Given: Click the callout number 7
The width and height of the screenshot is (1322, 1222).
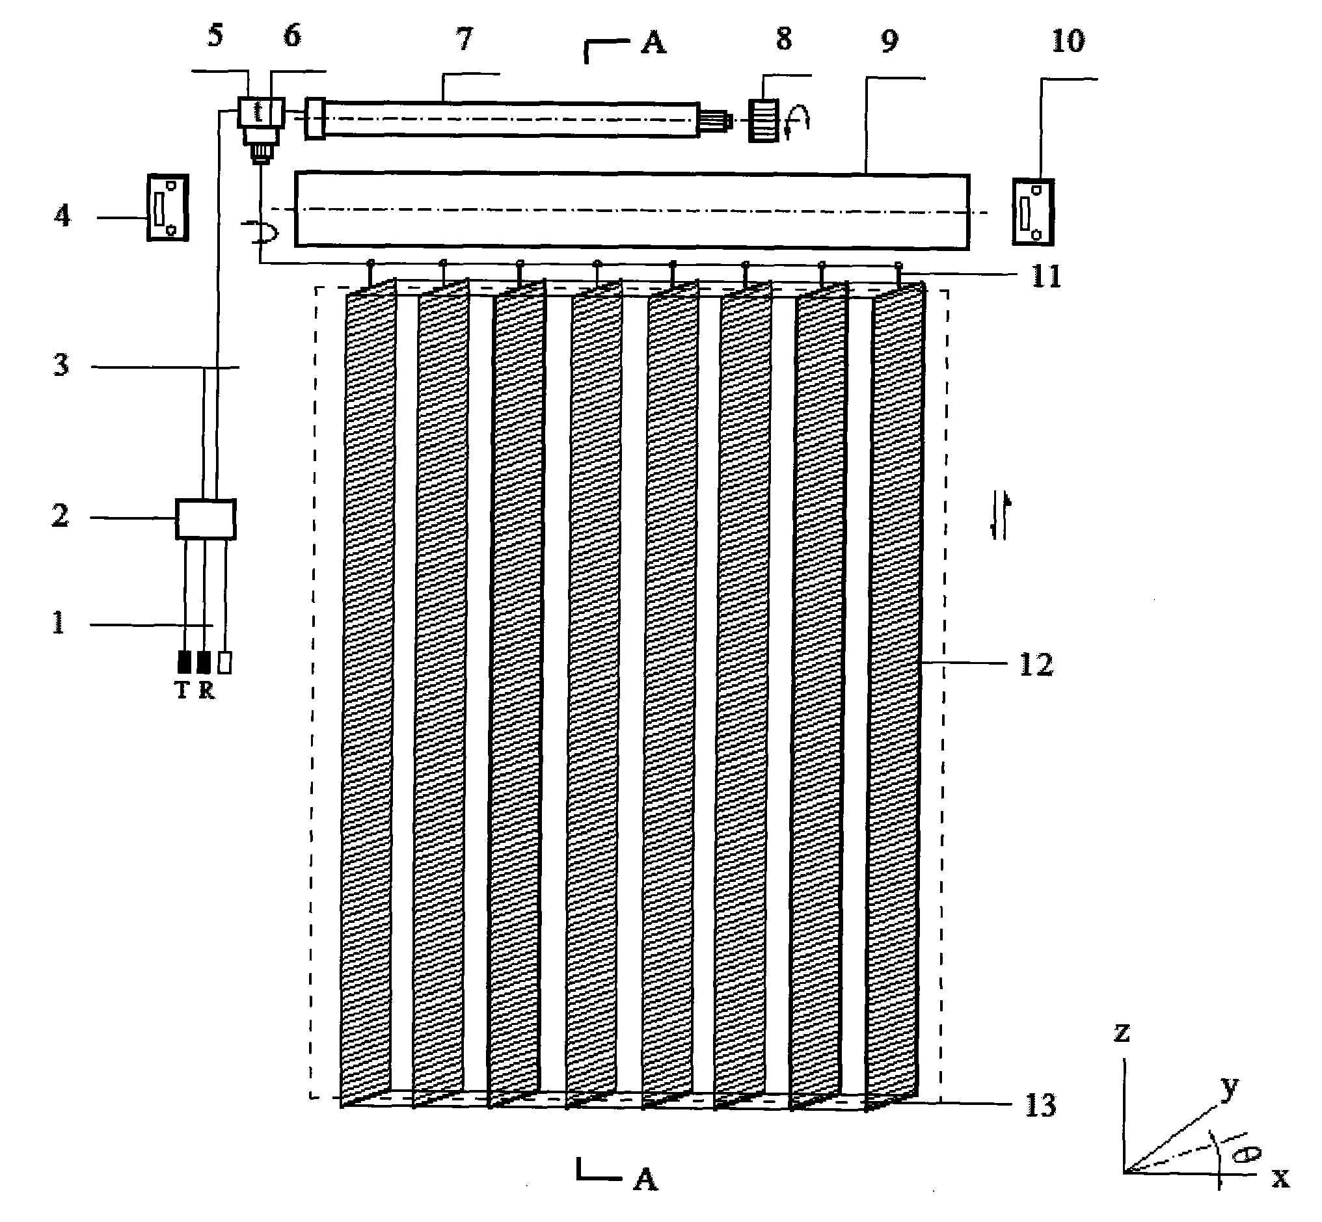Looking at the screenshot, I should [x=465, y=40].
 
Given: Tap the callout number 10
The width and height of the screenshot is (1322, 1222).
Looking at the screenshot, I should [x=1068, y=42].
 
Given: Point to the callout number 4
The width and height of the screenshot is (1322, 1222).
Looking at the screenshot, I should [x=62, y=215].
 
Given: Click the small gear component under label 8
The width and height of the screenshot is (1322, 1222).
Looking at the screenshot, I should [x=764, y=120].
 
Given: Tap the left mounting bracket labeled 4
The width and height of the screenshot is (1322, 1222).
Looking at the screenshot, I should [x=167, y=207].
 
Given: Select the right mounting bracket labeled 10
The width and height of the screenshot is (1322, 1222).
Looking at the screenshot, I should [x=1033, y=212].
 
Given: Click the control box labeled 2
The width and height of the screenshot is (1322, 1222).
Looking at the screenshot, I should [x=205, y=519].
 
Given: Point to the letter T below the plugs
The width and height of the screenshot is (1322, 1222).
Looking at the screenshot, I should [x=183, y=691].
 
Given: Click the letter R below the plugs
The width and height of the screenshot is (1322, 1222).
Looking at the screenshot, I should [x=206, y=691].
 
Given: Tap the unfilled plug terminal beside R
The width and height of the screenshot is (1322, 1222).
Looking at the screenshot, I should [x=225, y=663].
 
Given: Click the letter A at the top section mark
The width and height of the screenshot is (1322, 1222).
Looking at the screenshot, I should [x=653, y=44].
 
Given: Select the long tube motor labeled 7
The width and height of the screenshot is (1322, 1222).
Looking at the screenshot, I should [x=509, y=119].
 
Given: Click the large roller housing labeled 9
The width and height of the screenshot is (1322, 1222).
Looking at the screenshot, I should [x=632, y=211].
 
